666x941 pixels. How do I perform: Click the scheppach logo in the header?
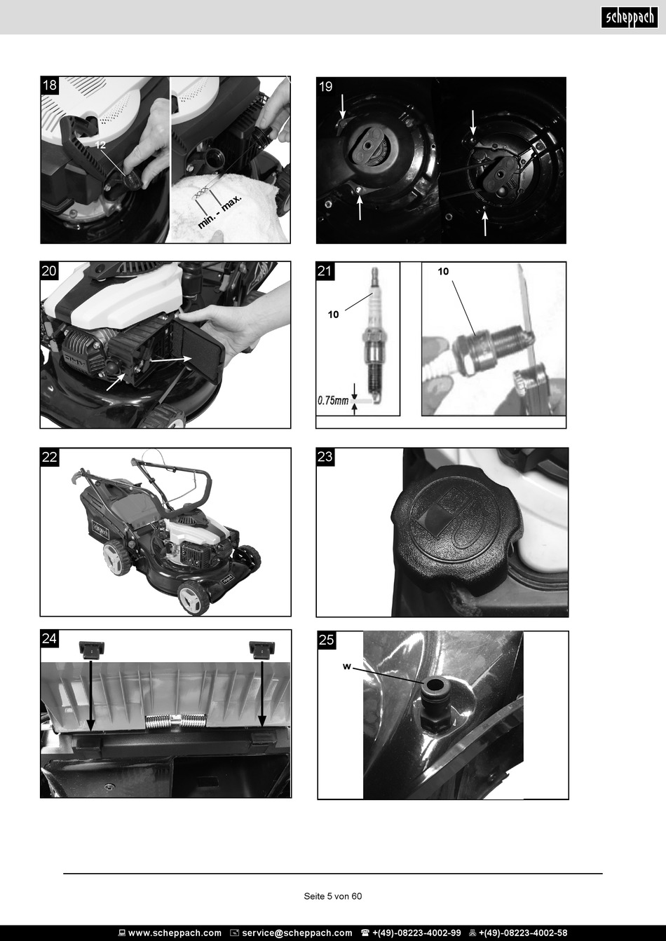point(630,18)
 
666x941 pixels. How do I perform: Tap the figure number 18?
point(50,85)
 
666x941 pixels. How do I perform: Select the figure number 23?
point(325,457)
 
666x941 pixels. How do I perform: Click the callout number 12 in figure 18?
point(100,145)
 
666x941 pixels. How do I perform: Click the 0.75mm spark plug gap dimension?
point(333,401)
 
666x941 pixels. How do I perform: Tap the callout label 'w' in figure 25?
point(346,666)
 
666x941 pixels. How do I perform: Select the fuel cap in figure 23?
point(457,528)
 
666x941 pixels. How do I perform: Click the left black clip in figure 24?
point(92,650)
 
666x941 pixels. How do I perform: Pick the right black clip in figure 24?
point(262,650)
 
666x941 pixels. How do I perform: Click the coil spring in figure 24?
point(176,720)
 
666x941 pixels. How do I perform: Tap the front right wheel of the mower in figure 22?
point(193,597)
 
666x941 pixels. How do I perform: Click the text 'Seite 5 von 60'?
point(333,896)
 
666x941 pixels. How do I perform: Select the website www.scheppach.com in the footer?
point(175,933)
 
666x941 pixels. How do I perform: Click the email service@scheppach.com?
point(297,933)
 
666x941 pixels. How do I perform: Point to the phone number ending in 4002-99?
point(416,933)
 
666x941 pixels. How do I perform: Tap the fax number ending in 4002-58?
point(523,933)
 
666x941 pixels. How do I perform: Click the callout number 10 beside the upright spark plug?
point(333,314)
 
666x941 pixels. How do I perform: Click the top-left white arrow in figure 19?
point(342,107)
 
